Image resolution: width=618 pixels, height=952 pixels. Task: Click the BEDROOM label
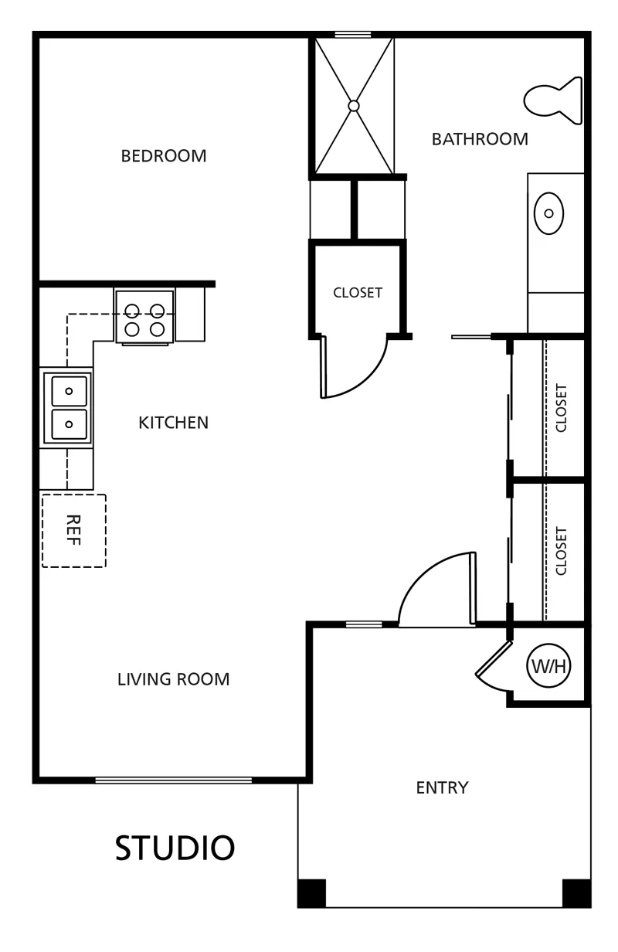coord(164,156)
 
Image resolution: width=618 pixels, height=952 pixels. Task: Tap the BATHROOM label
coord(480,139)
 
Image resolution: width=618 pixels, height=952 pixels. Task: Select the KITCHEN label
coord(173,423)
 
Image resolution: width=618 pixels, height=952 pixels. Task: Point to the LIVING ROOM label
coord(173,679)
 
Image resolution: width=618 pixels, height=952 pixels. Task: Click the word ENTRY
coord(442,787)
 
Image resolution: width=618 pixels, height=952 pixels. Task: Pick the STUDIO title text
coord(175,848)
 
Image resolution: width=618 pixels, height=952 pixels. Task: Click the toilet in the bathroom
coord(552,100)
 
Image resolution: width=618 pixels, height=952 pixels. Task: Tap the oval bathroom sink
coord(548,213)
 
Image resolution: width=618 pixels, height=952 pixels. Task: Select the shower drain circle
coord(353,106)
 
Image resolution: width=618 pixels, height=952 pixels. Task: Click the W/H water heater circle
coord(548,665)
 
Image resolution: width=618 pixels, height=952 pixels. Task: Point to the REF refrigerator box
coord(74,530)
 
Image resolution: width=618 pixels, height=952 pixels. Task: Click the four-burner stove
coord(144,317)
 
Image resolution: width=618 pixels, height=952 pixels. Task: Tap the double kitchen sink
coord(68,408)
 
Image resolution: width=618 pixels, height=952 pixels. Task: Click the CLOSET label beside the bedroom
coord(358,293)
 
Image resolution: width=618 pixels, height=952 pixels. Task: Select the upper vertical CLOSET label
coord(561,408)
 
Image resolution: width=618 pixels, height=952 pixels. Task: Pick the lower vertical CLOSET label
coord(561,551)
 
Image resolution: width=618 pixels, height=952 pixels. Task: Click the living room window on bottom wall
coord(173,780)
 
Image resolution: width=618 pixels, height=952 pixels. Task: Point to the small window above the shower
coord(353,35)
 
